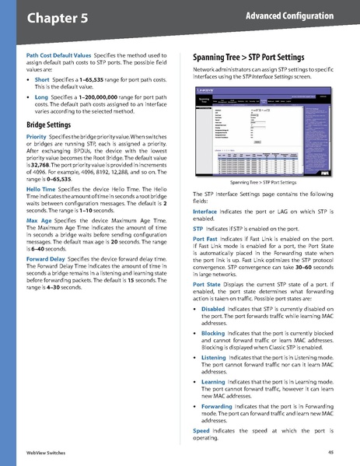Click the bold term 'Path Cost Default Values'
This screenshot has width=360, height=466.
coord(58,56)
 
